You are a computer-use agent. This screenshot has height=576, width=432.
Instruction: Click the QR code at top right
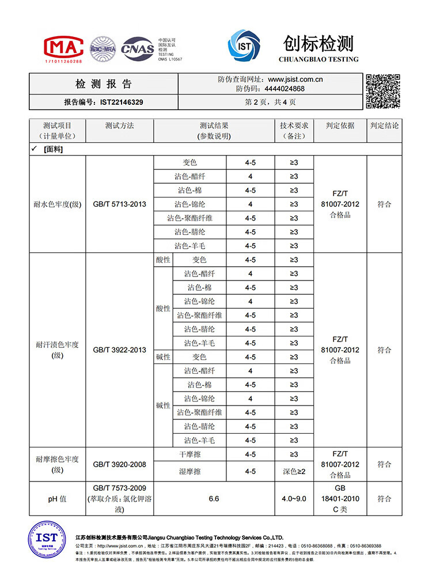[382, 91]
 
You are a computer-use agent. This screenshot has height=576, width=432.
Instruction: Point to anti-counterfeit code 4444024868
[285, 89]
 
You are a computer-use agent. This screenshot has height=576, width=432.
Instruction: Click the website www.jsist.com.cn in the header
[295, 79]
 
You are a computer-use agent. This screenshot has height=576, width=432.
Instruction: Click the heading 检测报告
[104, 84]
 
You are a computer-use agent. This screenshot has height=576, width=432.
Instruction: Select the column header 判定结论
[384, 125]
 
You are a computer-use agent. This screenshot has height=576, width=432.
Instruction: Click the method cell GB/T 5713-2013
[119, 204]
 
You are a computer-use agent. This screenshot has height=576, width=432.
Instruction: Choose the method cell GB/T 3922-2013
[119, 350]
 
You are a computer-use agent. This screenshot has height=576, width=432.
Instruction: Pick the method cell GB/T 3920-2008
[119, 464]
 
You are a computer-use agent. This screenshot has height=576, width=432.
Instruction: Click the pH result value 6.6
[214, 499]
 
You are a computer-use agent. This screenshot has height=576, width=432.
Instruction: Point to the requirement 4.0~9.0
[294, 499]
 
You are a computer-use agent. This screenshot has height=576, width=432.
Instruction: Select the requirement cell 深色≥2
[294, 471]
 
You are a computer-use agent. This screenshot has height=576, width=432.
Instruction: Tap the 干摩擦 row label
[190, 454]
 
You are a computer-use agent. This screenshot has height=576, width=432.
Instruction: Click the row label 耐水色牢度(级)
[58, 204]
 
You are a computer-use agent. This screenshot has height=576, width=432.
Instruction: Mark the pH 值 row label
[57, 499]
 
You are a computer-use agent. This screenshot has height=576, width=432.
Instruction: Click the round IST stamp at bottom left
[47, 541]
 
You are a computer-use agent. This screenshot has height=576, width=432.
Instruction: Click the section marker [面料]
[53, 149]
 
